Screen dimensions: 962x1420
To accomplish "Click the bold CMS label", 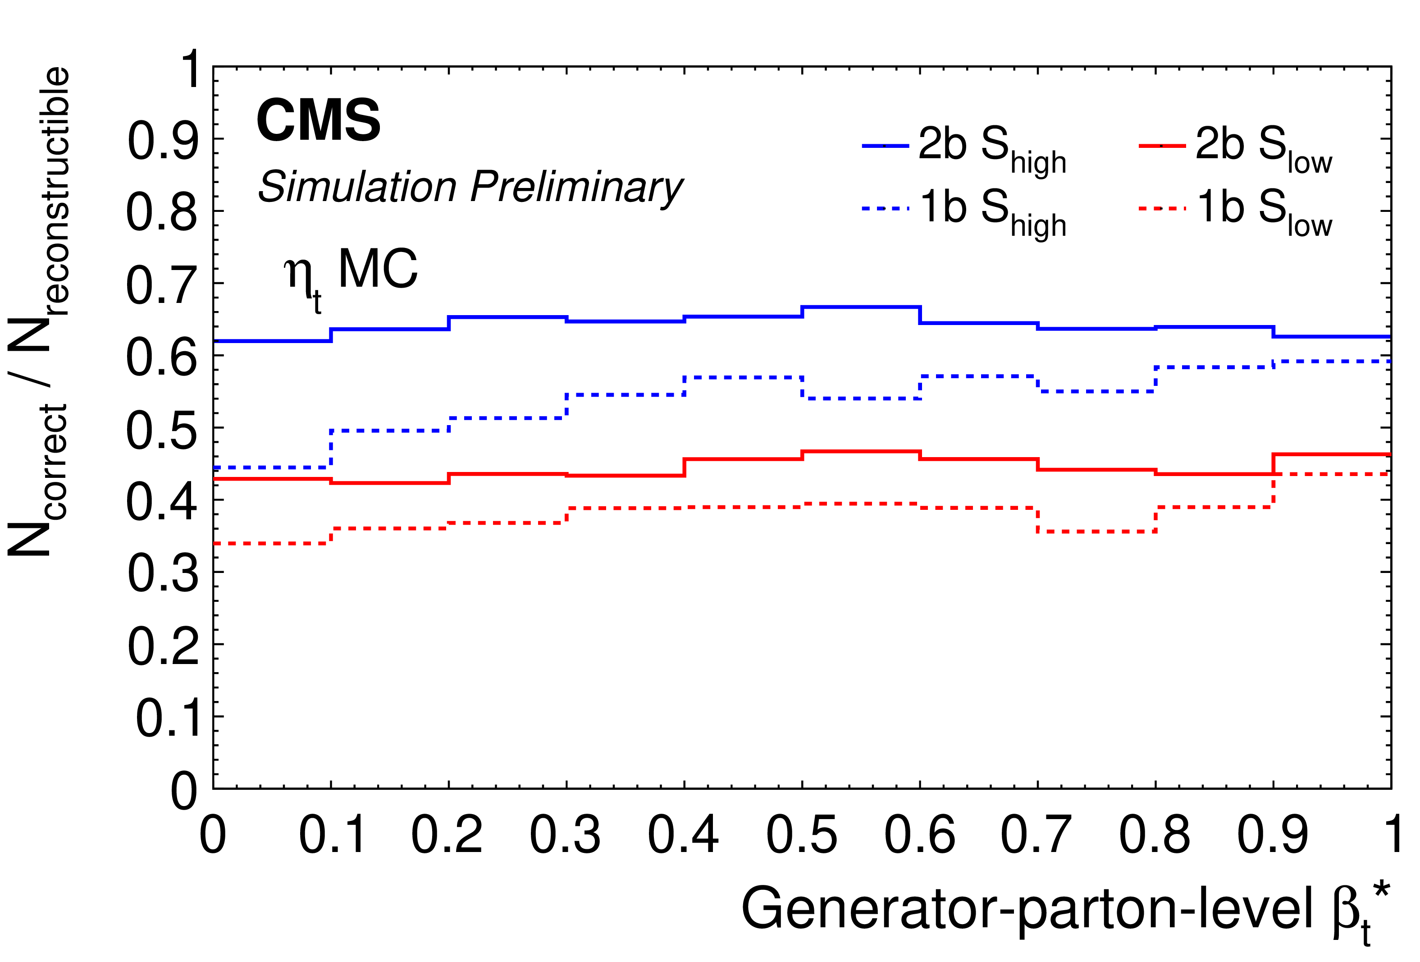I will [318, 120].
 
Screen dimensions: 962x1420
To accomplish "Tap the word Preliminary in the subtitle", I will [576, 188].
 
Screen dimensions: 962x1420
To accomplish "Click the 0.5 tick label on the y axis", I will [162, 429].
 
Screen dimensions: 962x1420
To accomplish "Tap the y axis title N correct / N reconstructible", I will [38, 312].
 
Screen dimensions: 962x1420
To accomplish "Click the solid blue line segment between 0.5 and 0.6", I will [861, 307].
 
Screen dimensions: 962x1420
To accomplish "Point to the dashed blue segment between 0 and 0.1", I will [272, 467].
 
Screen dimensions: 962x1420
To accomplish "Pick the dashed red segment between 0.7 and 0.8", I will [1097, 532].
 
